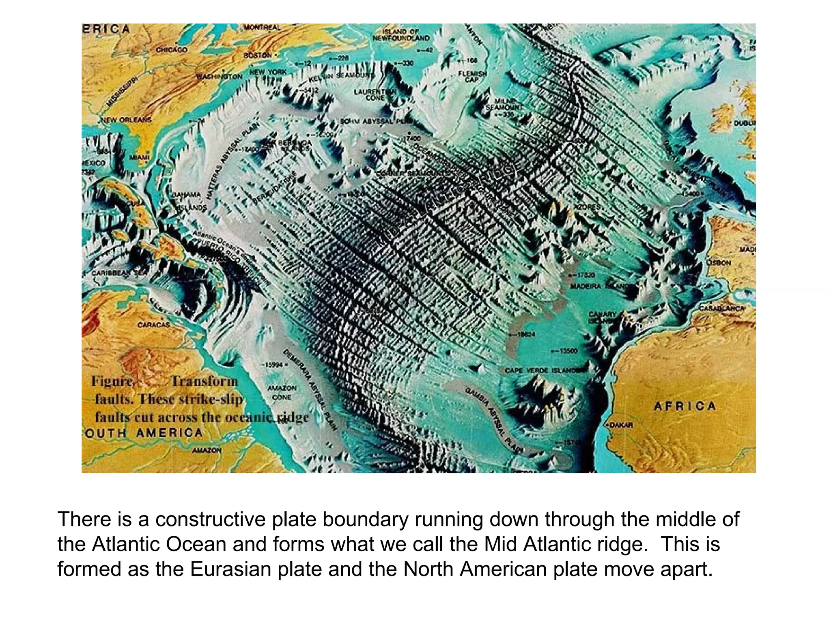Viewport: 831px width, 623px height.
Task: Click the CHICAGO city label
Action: click(172, 50)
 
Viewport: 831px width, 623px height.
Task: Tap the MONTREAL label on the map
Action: click(262, 27)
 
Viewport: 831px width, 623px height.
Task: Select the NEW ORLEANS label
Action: click(126, 120)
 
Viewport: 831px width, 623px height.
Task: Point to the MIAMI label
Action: click(140, 157)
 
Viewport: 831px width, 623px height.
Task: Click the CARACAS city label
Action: click(154, 325)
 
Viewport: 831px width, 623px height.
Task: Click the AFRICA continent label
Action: click(685, 406)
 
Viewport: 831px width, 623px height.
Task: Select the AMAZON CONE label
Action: click(282, 393)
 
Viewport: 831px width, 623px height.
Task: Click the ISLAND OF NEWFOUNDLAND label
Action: click(400, 35)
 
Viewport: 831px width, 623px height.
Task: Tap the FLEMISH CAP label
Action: click(472, 76)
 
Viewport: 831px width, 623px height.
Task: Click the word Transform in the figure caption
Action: click(204, 381)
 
